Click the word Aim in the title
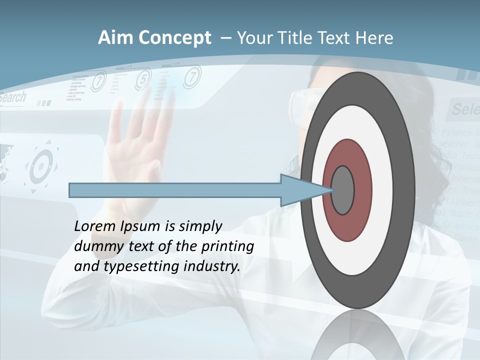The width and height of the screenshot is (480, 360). (115, 38)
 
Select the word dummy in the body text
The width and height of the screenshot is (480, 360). (93, 246)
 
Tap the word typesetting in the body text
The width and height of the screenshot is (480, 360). (141, 266)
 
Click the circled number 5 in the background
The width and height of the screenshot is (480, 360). (143, 78)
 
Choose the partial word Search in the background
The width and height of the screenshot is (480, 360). (12, 97)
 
